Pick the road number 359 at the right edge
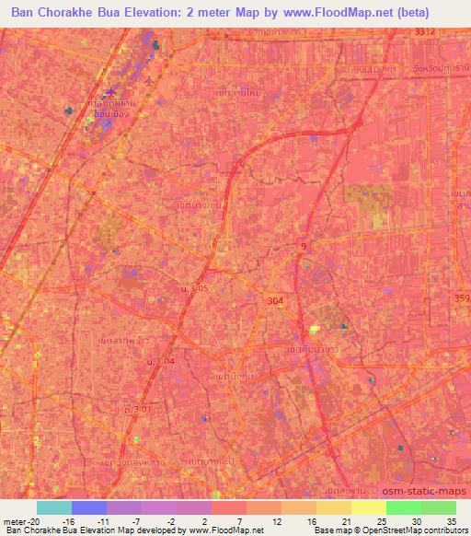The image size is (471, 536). pyautogui.click(x=461, y=297)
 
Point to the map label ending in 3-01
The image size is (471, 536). pyautogui.click(x=137, y=408)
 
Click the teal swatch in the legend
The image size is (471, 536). pyautogui.click(x=54, y=507)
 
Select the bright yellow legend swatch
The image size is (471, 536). pyautogui.click(x=368, y=507)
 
